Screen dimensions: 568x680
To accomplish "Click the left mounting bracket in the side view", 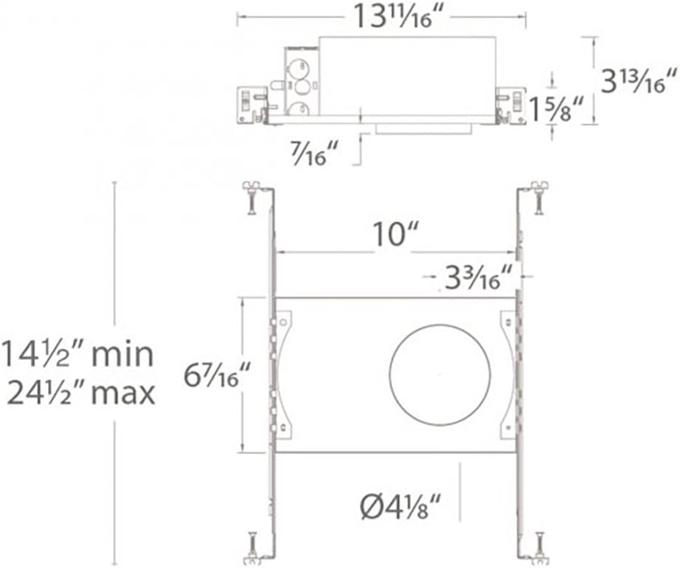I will (x=251, y=104).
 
